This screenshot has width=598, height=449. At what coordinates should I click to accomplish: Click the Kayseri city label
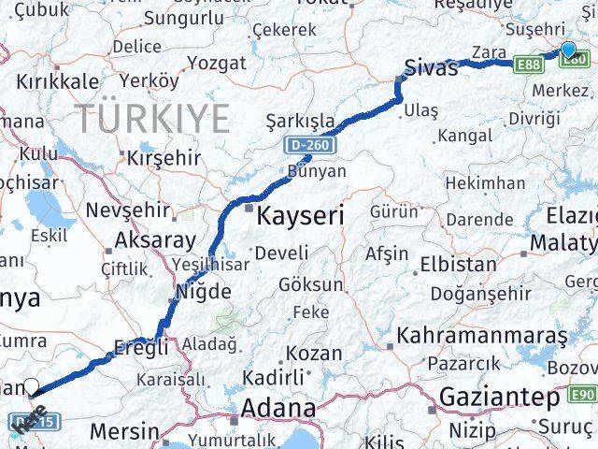coord(300,216)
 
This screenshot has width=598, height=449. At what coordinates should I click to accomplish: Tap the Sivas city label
coord(431,68)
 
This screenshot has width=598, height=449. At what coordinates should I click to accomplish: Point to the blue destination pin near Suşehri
coord(569,51)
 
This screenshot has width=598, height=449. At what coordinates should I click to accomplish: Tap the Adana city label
coord(278,409)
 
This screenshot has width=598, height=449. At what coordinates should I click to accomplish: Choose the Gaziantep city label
coord(499,396)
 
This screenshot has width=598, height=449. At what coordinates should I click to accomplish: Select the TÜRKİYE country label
coord(152,120)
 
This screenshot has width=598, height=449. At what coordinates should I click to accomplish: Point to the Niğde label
coord(198,291)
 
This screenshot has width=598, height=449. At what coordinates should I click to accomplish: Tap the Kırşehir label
coord(164,157)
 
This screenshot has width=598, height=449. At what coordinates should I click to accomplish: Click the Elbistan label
coord(458,265)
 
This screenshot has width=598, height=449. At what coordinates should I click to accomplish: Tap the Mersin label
coord(124,431)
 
